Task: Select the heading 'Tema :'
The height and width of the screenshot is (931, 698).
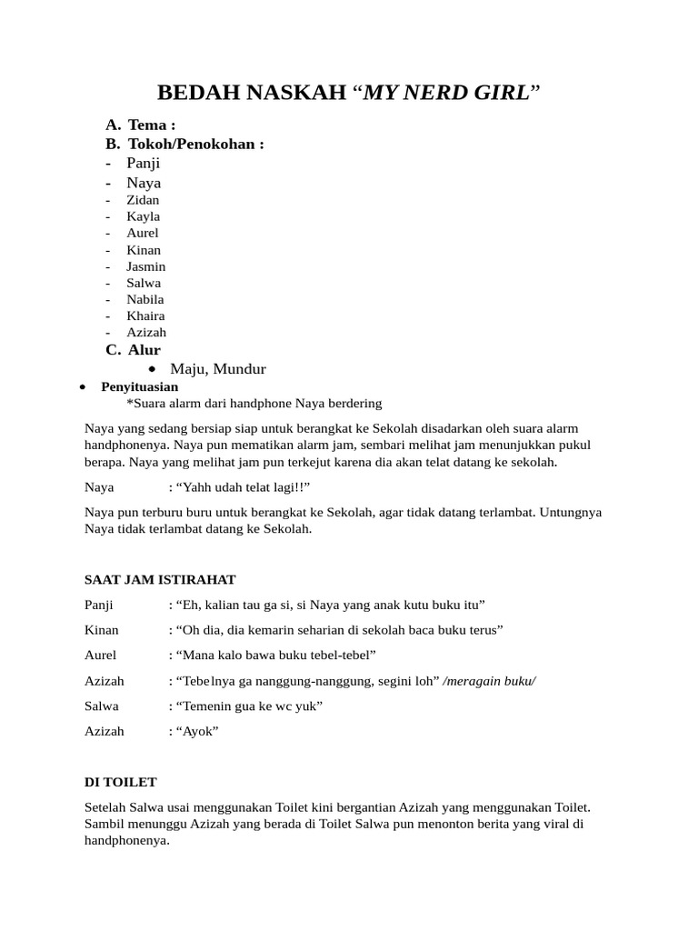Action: tap(152, 125)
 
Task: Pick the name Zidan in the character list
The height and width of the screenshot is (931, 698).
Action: tap(143, 200)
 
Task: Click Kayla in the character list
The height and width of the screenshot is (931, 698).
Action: tap(143, 216)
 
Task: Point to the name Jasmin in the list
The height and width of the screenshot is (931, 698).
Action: tap(145, 266)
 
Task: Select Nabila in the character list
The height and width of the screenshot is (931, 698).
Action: tap(145, 299)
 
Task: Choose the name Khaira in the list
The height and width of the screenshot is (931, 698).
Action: tap(145, 315)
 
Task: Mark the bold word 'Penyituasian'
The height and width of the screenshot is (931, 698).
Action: tap(139, 386)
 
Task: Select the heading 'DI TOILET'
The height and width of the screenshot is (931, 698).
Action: tap(121, 782)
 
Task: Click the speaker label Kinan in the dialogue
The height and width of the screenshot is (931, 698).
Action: tap(101, 630)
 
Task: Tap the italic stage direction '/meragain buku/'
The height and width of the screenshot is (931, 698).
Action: tap(489, 681)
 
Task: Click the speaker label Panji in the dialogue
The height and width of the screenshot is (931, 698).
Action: tap(100, 605)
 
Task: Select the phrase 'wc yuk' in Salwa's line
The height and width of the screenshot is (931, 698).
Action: tap(297, 706)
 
